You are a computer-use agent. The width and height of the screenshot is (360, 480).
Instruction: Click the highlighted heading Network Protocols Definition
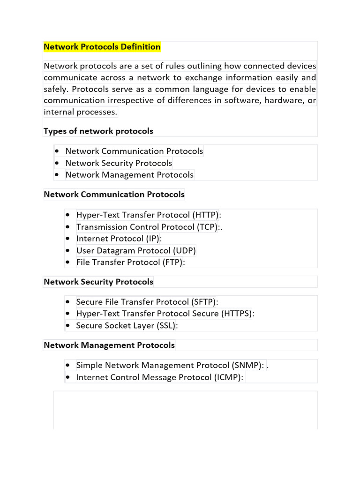pyautogui.click(x=102, y=47)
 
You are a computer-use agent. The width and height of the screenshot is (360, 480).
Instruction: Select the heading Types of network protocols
pyautogui.click(x=98, y=131)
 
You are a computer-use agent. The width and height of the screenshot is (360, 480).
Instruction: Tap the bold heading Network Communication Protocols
pyautogui.click(x=114, y=194)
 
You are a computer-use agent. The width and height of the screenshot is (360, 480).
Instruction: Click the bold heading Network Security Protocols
pyautogui.click(x=98, y=282)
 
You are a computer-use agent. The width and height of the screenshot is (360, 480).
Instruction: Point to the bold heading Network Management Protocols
pyautogui.click(x=109, y=345)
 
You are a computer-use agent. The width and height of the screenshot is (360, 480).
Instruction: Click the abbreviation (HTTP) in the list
pyautogui.click(x=205, y=215)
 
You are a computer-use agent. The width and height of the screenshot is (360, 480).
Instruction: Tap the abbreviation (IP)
pyautogui.click(x=151, y=239)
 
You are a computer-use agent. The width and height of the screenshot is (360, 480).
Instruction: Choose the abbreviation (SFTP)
pyautogui.click(x=203, y=301)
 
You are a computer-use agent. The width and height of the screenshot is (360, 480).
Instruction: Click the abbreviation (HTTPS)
pyautogui.click(x=236, y=313)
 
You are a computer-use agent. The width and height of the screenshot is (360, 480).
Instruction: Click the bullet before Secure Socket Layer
pyautogui.click(x=68, y=325)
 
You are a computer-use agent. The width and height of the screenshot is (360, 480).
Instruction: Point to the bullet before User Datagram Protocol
pyautogui.click(x=68, y=251)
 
